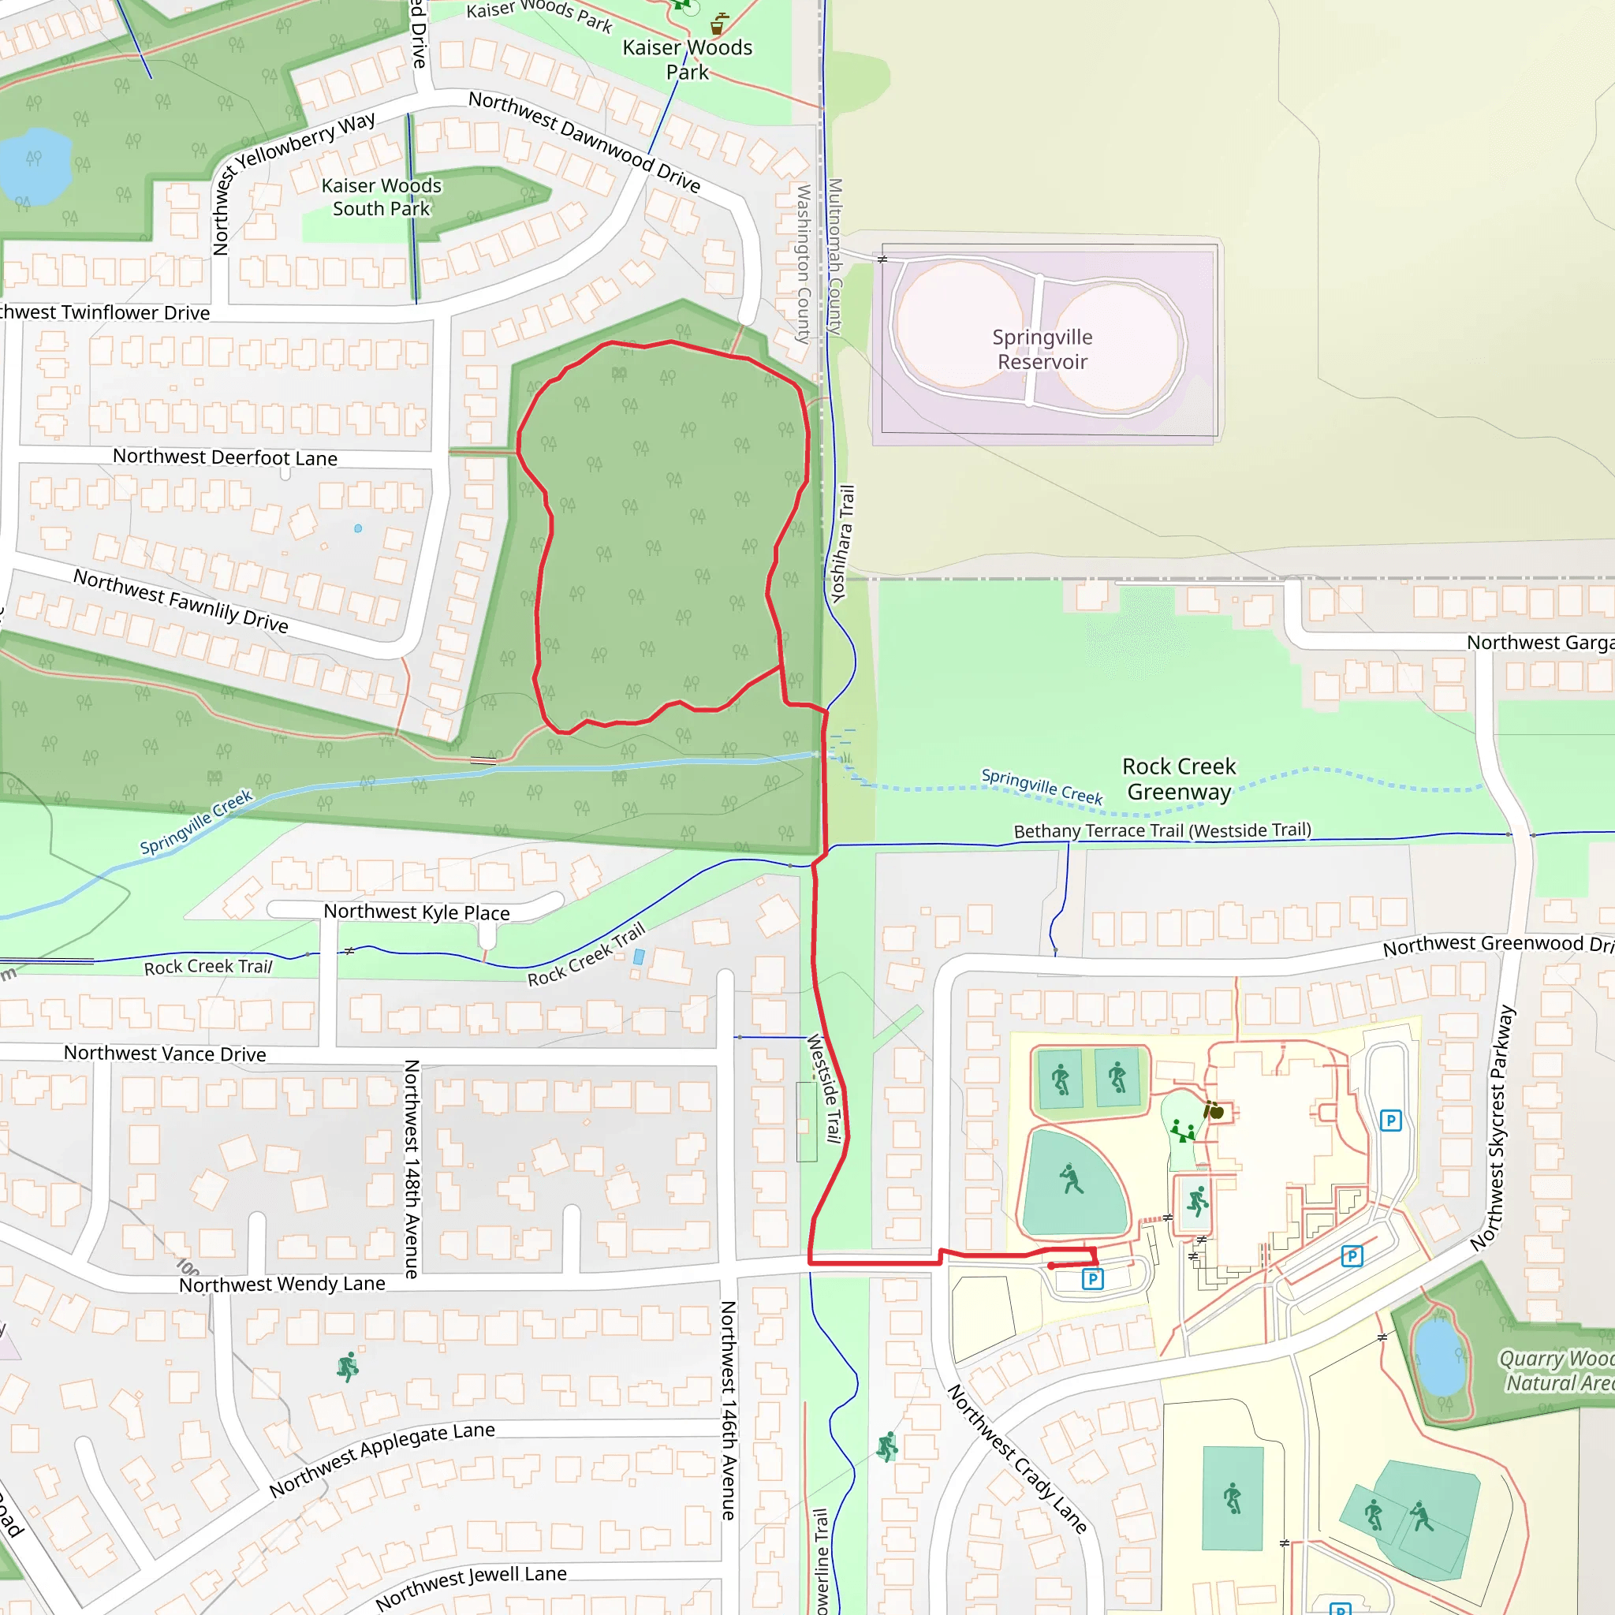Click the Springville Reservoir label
pyautogui.click(x=1042, y=349)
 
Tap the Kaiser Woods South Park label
pyautogui.click(x=381, y=197)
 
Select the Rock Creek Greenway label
pyautogui.click(x=1179, y=778)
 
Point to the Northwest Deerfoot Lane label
pyautogui.click(x=225, y=457)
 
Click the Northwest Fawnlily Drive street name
pyautogui.click(x=181, y=601)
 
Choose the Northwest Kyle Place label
pyautogui.click(x=416, y=912)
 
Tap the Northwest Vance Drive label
pyautogui.click(x=165, y=1054)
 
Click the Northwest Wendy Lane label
pyautogui.click(x=282, y=1284)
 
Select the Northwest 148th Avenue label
pyautogui.click(x=412, y=1169)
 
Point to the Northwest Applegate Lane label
pyautogui.click(x=382, y=1459)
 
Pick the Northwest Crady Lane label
pyautogui.click(x=1017, y=1459)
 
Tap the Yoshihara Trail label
pyautogui.click(x=844, y=543)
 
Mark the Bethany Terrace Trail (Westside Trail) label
pyautogui.click(x=1162, y=831)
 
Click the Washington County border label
pyautogui.click(x=804, y=263)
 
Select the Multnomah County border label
pyautogui.click(x=835, y=256)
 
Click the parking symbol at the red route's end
pyautogui.click(x=1092, y=1278)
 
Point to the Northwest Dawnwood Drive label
pyautogui.click(x=584, y=140)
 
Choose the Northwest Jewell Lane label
pyautogui.click(x=471, y=1586)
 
